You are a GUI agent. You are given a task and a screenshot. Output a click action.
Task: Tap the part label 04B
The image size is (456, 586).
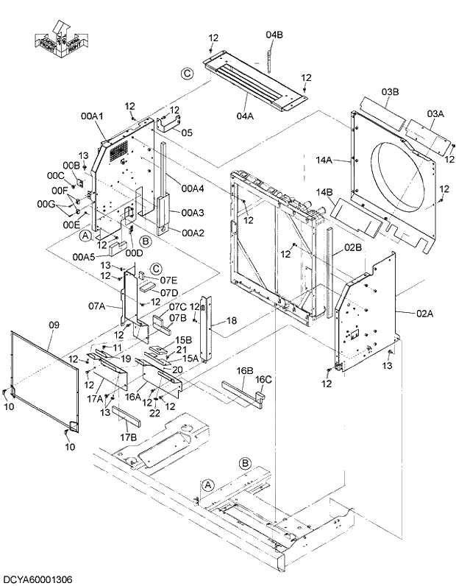(x=274, y=35)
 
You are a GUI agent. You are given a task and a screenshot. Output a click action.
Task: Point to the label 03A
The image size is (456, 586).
(x=435, y=113)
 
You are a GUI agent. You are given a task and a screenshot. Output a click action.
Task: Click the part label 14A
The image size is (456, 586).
(x=324, y=160)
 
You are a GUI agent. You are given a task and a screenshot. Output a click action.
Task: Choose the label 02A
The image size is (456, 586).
(x=425, y=313)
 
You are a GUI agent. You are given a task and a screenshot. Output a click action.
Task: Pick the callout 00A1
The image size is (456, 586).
(x=92, y=116)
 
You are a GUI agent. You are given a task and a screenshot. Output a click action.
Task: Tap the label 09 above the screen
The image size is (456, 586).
(x=54, y=323)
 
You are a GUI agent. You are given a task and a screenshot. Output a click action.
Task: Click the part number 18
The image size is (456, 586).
(x=231, y=320)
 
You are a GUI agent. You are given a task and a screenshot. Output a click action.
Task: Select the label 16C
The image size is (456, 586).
(x=263, y=379)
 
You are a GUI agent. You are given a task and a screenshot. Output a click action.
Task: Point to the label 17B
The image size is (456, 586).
(x=128, y=437)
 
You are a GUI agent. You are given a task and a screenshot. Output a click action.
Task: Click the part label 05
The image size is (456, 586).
(x=187, y=133)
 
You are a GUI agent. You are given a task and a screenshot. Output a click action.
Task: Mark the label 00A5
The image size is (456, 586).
(x=84, y=256)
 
